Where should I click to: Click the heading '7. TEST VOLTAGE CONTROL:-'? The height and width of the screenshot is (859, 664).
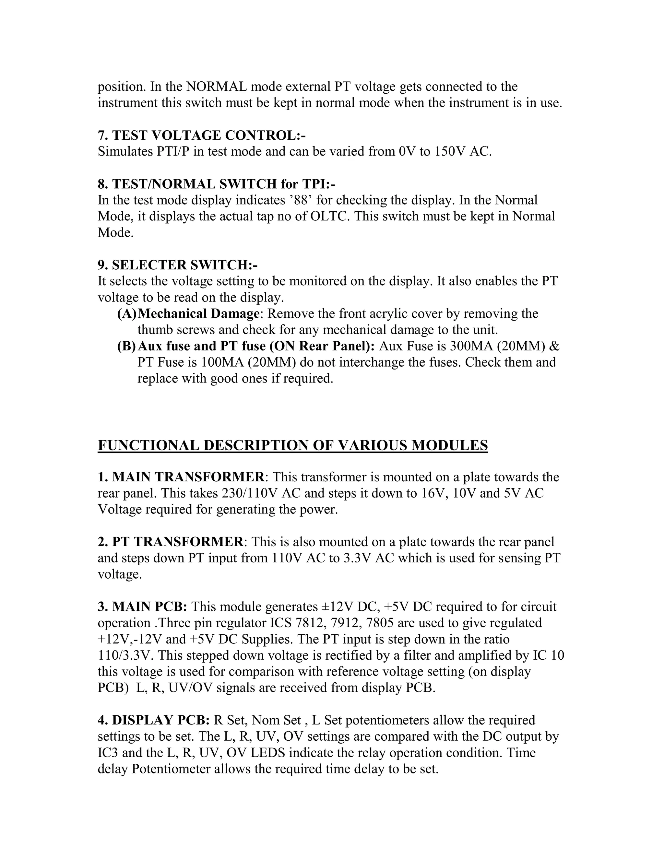pyautogui.click(x=202, y=135)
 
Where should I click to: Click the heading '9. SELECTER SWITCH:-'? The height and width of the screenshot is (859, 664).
pyautogui.click(x=178, y=265)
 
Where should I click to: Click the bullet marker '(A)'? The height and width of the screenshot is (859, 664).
pyautogui.click(x=127, y=314)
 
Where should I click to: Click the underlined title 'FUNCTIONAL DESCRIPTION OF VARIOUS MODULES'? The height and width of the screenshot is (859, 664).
pyautogui.click(x=293, y=445)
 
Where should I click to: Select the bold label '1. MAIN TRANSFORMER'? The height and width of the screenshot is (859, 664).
pyautogui.click(x=181, y=477)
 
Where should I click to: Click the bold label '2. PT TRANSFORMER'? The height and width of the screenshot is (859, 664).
pyautogui.click(x=170, y=542)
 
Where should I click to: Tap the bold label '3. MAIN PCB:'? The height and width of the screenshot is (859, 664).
pyautogui.click(x=142, y=607)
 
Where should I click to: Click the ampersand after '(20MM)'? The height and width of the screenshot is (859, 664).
pyautogui.click(x=555, y=346)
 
